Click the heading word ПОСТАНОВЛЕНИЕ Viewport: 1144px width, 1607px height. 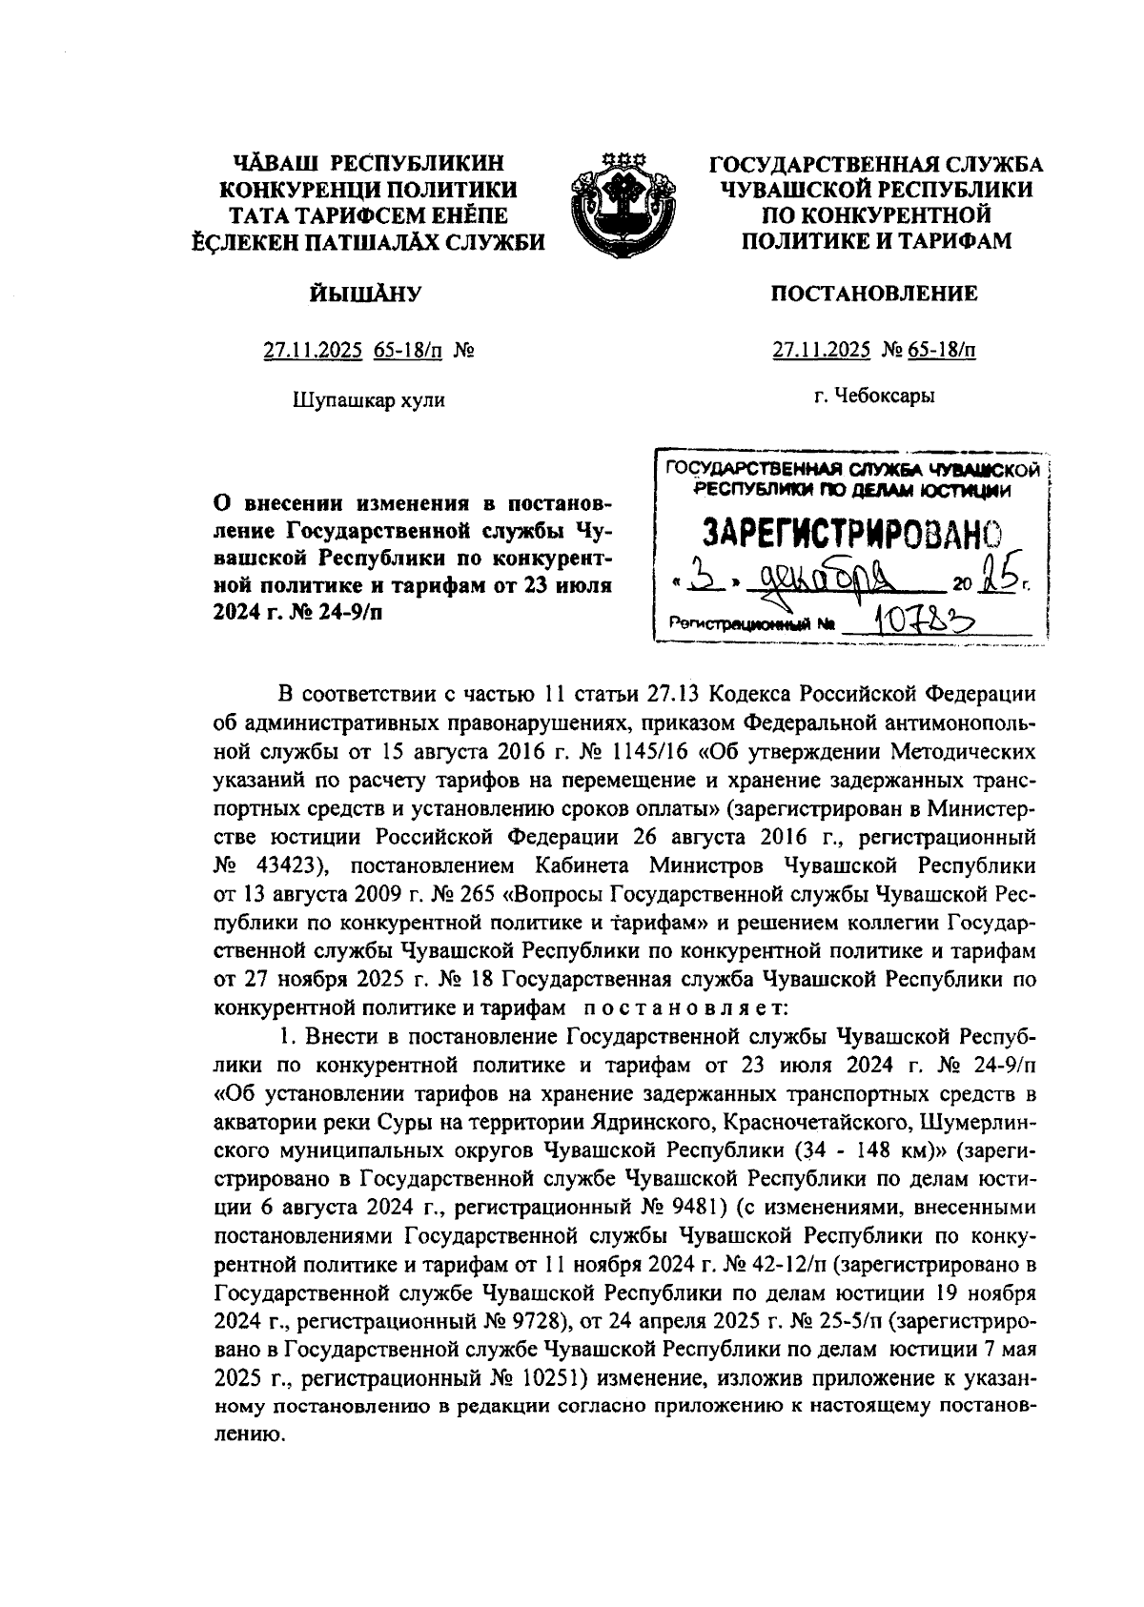[x=873, y=293]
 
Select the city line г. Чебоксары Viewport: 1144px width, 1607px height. [x=873, y=396]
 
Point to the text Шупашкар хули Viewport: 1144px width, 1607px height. [x=368, y=399]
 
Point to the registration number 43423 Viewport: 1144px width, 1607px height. [x=285, y=867]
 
